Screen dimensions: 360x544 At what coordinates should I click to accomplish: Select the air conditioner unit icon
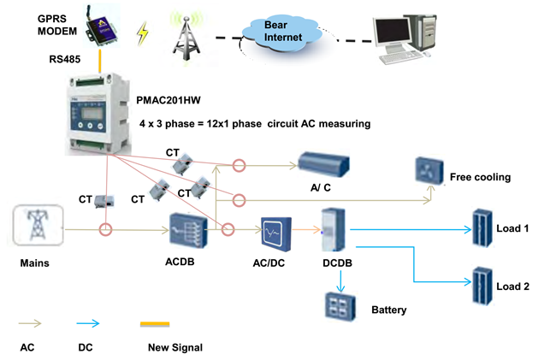pyautogui.click(x=325, y=162)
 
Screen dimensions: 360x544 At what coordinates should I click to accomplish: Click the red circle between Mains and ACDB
pyautogui.click(x=106, y=229)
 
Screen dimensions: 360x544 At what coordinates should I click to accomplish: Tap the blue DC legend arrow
pyautogui.click(x=88, y=324)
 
